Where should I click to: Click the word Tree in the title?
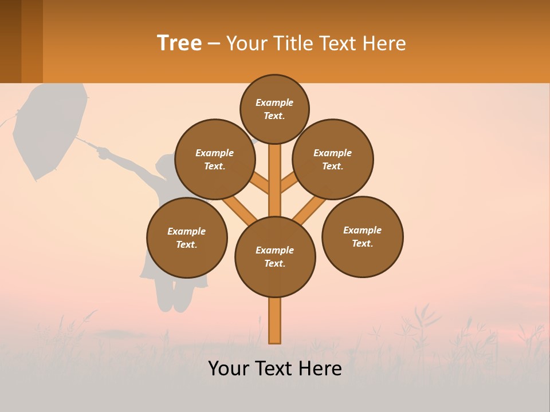pos(179,43)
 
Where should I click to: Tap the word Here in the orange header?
pos(384,43)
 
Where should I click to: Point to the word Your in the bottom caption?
pos(229,369)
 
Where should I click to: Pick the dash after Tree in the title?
pos(214,44)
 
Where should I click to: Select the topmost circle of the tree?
pos(274,109)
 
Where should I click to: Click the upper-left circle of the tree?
pos(215,159)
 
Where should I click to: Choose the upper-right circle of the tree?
pos(333,159)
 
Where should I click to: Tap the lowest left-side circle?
pos(187,237)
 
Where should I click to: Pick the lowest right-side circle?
pos(362,236)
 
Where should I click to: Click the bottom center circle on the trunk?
pos(275,257)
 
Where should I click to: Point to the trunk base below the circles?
pos(275,320)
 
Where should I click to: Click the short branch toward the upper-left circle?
pos(260,184)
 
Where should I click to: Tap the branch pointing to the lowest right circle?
pos(309,210)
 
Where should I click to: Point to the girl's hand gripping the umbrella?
pos(103,152)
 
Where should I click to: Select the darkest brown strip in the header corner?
pos(10,41)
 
